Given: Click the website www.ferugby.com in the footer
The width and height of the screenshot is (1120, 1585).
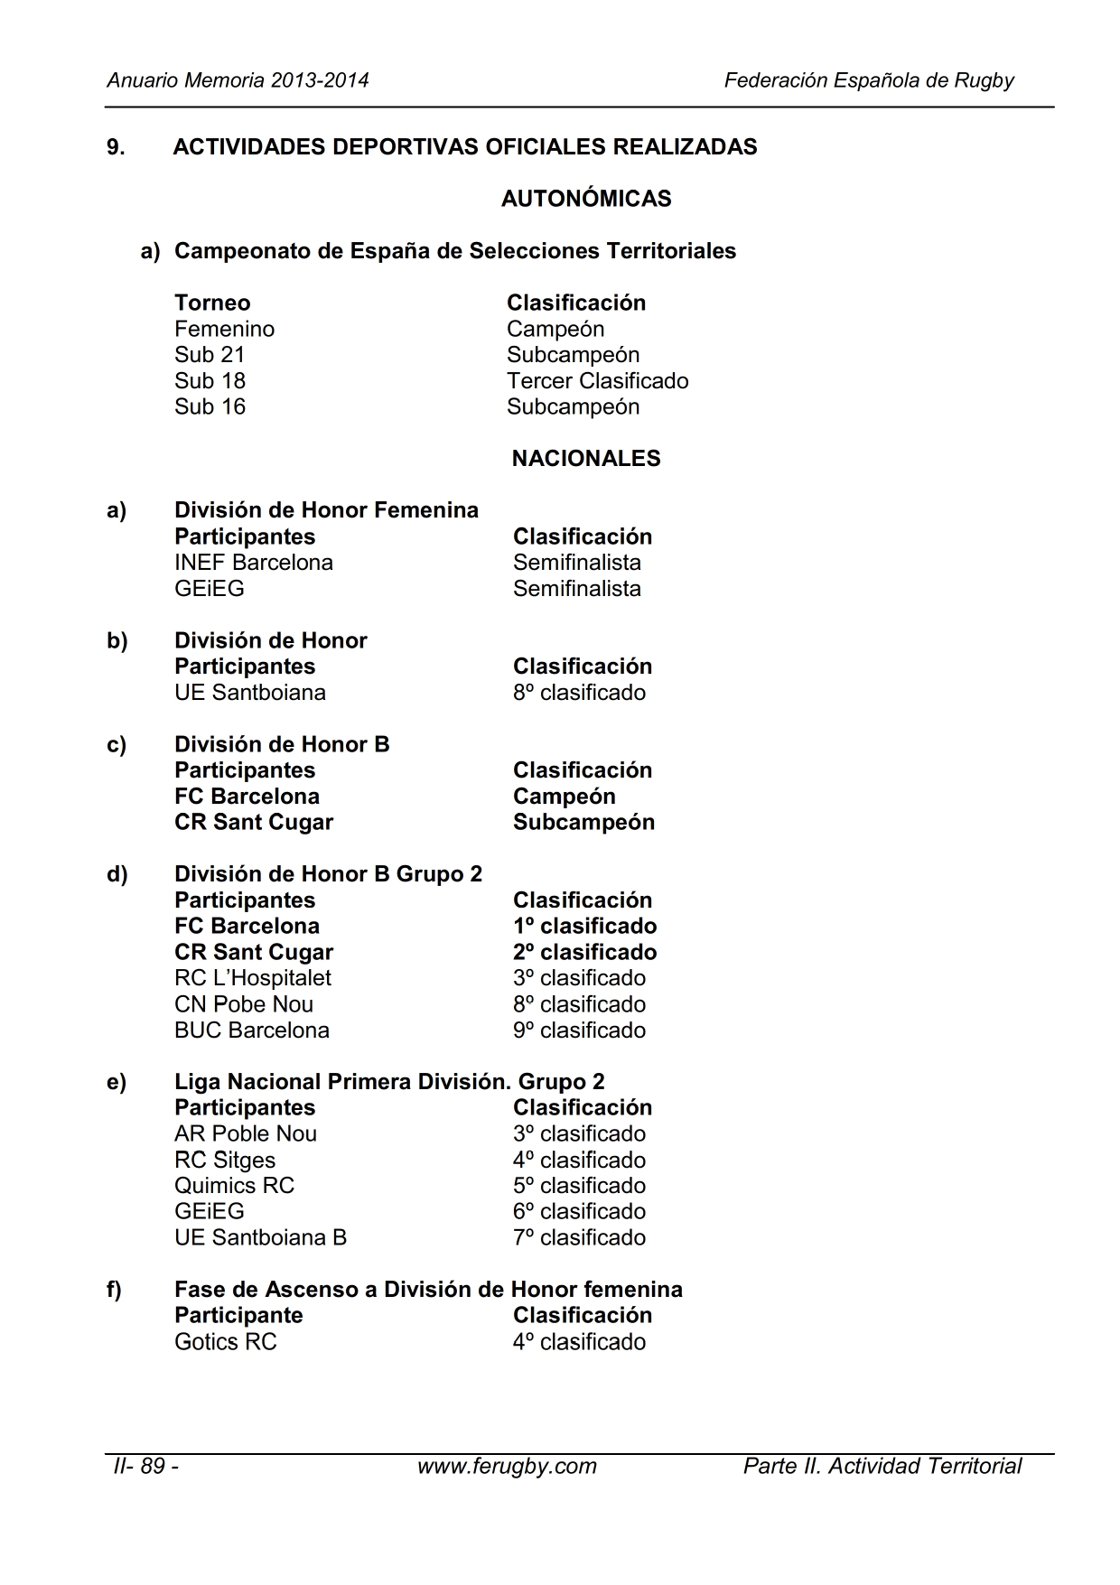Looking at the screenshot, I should point(507,1466).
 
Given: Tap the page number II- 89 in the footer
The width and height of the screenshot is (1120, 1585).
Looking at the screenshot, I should point(145,1466).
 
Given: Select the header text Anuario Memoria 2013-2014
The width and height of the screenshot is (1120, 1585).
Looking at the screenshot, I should point(238,80).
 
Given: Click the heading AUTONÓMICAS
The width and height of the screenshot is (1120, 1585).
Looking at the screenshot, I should point(586,199).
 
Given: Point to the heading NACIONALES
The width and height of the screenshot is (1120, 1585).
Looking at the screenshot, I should point(586,459).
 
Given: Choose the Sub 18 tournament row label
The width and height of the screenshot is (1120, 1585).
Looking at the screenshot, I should point(210,381).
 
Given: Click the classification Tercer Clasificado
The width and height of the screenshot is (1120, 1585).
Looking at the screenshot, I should point(597,381).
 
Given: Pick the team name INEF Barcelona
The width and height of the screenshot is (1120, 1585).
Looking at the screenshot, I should point(254,563).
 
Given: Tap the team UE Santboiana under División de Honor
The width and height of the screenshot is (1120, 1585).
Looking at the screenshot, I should point(250,693).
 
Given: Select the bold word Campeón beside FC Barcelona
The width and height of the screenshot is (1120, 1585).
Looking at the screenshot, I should point(564,797).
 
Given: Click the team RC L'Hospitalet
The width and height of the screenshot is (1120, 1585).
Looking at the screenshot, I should point(253,978).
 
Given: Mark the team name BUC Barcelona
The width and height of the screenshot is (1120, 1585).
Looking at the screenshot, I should point(252,1030).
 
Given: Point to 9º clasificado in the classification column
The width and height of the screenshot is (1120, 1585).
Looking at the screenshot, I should point(579,1030).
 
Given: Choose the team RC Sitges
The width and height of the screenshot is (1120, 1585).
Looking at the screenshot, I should point(225,1161).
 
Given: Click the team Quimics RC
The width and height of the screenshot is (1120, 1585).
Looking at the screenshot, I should point(235,1186).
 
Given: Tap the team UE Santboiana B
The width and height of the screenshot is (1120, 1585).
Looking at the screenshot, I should point(260,1238).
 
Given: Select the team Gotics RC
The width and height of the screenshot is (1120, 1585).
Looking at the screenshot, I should point(226,1342).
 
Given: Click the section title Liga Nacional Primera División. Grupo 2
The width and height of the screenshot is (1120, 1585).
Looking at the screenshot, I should point(389,1082).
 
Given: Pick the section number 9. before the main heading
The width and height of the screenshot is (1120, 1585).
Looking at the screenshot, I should point(116,147).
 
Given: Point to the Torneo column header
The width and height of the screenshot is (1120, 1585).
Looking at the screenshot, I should point(212,303).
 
